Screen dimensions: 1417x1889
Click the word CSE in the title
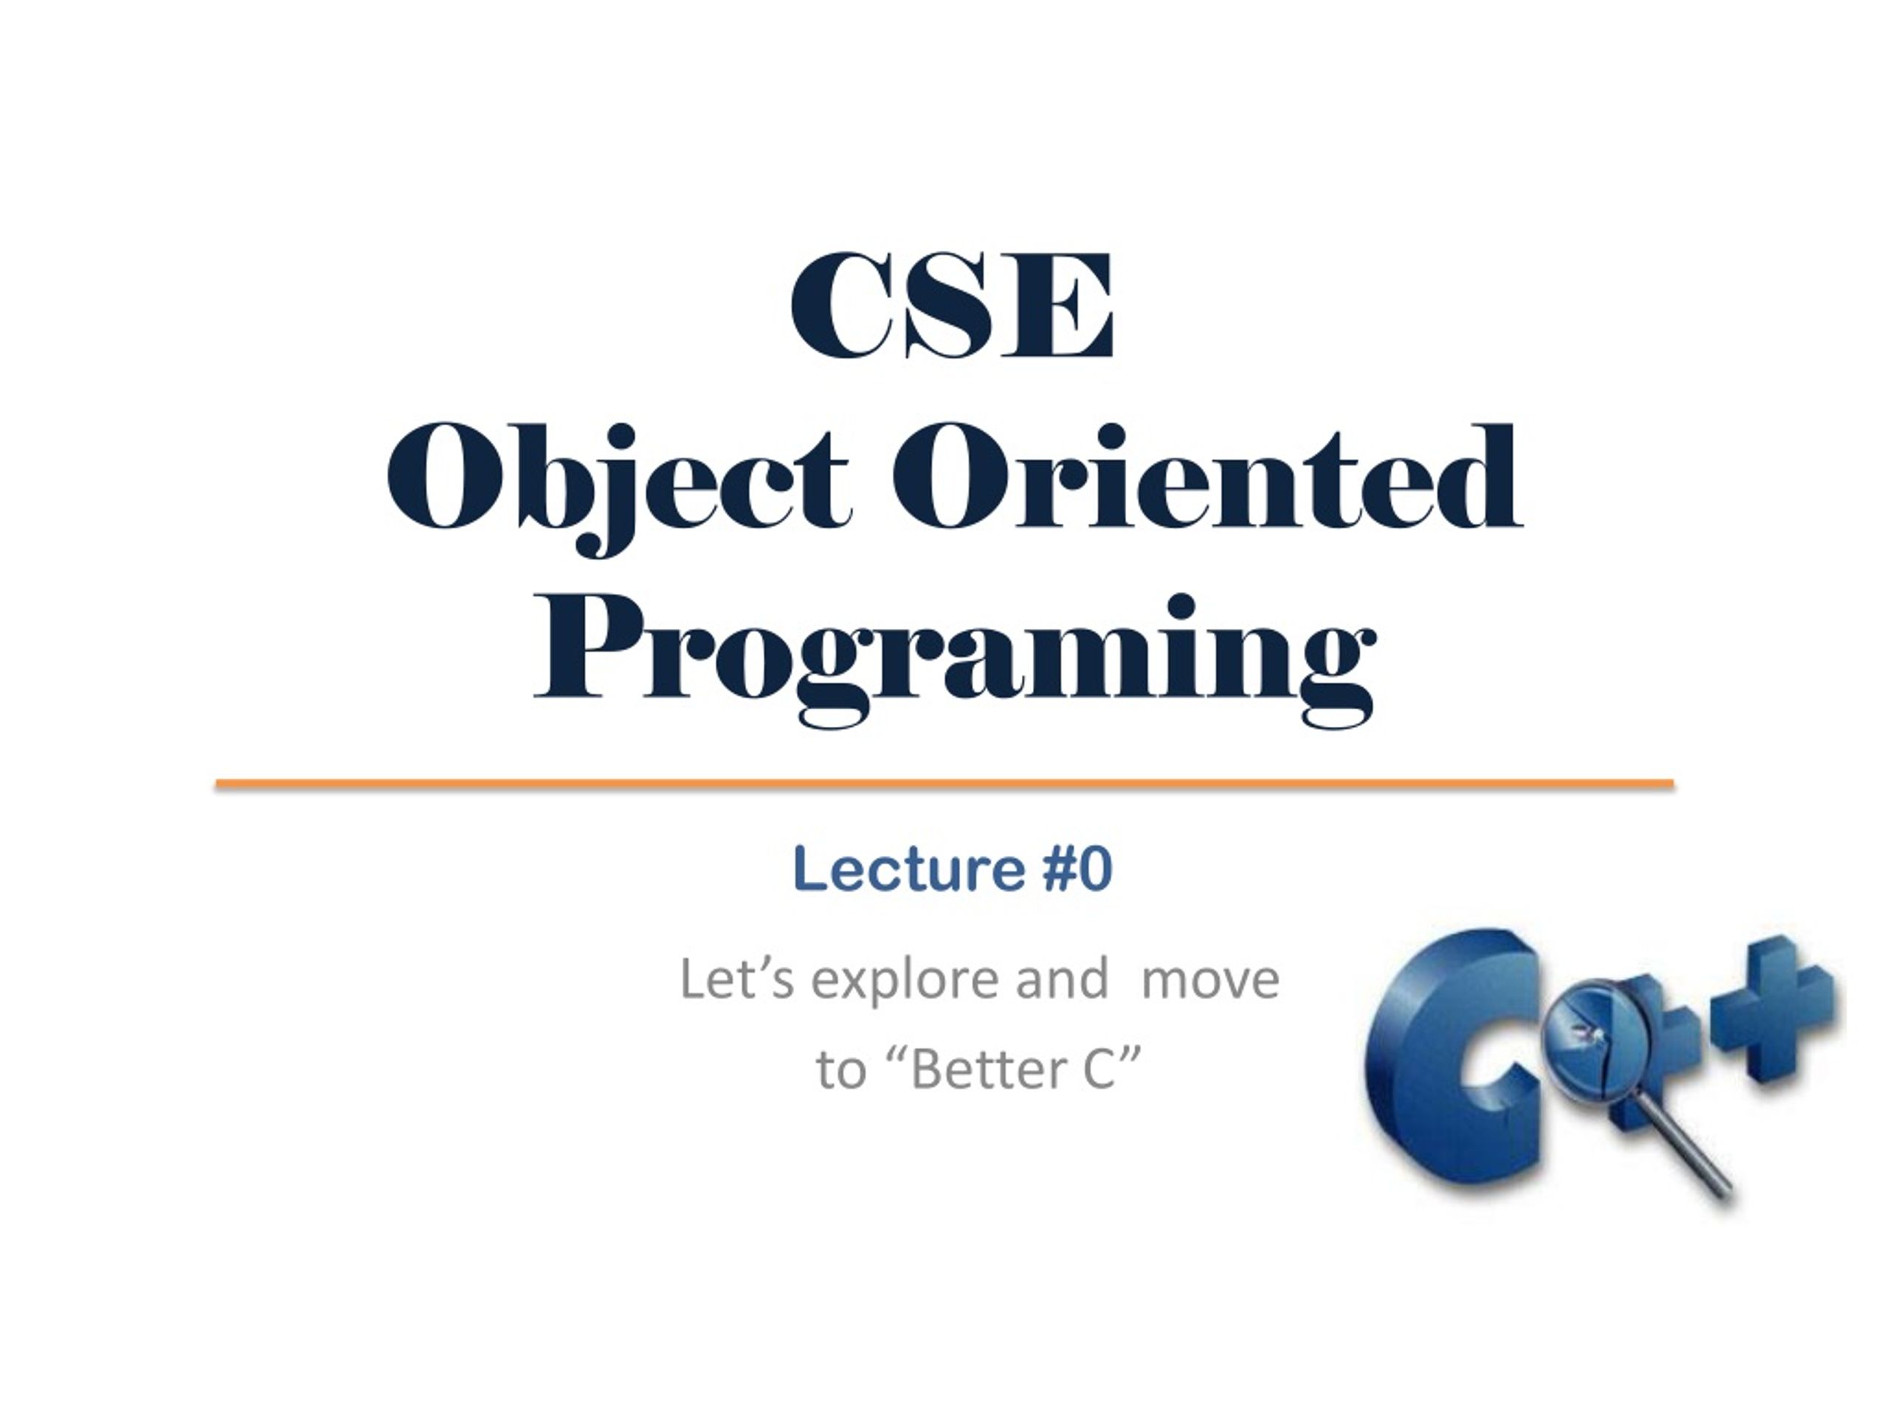click(x=952, y=305)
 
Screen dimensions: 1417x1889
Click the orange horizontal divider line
click(x=944, y=783)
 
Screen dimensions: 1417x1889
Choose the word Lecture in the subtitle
click(x=908, y=869)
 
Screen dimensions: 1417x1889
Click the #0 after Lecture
click(x=1079, y=869)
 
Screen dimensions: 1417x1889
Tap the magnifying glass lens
click(x=1586, y=1038)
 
